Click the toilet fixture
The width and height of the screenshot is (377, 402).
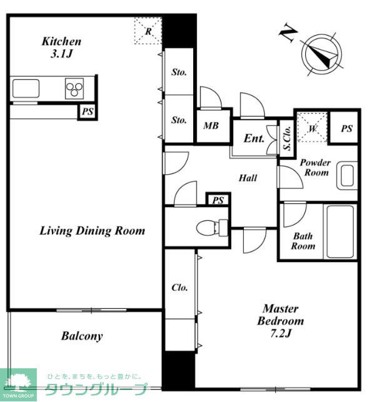pyautogui.click(x=212, y=227)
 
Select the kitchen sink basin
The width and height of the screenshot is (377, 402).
pyautogui.click(x=26, y=89)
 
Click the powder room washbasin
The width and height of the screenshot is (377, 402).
pyautogui.click(x=347, y=175)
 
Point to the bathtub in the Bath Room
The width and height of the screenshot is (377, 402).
pyautogui.click(x=339, y=232)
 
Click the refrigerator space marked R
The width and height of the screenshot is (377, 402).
pyautogui.click(x=148, y=31)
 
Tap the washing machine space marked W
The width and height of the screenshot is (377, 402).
pyautogui.click(x=312, y=127)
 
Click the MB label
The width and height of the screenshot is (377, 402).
pyautogui.click(x=211, y=125)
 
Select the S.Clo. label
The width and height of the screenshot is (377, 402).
pyautogui.click(x=287, y=138)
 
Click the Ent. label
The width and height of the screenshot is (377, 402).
pyautogui.click(x=254, y=139)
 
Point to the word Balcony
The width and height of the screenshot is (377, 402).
pyautogui.click(x=82, y=336)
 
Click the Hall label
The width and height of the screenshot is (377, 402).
pyautogui.click(x=248, y=178)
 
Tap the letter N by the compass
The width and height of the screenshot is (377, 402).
pyautogui.click(x=288, y=32)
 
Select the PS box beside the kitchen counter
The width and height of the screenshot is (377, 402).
pyautogui.click(x=88, y=112)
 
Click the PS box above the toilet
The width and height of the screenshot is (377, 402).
pyautogui.click(x=218, y=200)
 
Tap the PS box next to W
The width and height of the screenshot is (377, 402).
pyautogui.click(x=346, y=128)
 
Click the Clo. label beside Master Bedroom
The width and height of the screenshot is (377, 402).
pyautogui.click(x=179, y=287)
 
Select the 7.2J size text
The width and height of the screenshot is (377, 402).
pyautogui.click(x=281, y=333)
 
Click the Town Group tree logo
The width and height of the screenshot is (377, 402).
pyautogui.click(x=19, y=383)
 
